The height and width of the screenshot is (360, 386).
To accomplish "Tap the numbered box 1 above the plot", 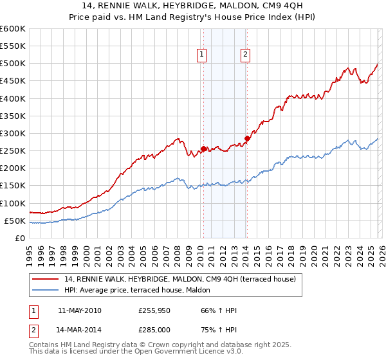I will point(202,55).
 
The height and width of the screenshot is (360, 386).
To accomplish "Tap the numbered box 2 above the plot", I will point(246,55).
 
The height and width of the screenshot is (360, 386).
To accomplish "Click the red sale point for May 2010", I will point(203,149).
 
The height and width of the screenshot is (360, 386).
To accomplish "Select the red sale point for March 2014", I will point(247,139).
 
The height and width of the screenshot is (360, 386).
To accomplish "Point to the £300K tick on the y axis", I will point(13,133).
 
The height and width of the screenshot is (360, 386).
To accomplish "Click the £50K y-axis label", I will point(15,221).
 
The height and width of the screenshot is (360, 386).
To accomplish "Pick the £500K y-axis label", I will point(13,64).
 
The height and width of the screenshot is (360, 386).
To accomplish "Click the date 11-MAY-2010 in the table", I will point(79,310).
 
